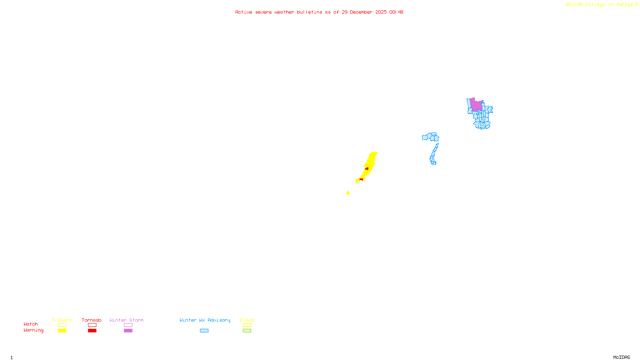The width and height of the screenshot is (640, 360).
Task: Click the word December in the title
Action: [361, 12]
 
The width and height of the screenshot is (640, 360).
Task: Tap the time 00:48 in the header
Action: [396, 12]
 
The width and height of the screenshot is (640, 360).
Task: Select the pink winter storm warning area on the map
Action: [476, 105]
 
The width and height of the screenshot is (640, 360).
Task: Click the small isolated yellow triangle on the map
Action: [348, 193]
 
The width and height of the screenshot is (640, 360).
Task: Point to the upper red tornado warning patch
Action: [367, 169]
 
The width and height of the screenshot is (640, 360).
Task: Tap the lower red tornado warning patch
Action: [361, 179]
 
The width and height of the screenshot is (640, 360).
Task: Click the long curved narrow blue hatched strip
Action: [434, 154]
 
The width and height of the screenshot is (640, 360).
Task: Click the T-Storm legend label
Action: [62, 320]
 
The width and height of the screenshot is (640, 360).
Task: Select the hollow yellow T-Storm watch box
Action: [62, 325]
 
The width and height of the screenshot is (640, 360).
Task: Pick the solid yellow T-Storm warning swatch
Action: [62, 331]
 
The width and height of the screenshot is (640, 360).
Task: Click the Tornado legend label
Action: [92, 320]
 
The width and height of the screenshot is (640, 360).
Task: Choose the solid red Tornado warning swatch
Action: [92, 331]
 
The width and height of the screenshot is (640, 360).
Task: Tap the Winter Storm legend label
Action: [126, 320]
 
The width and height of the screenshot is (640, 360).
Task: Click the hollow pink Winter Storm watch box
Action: [128, 325]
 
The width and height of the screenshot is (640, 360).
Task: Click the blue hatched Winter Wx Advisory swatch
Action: [204, 331]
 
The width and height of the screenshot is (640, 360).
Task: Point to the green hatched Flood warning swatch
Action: [247, 331]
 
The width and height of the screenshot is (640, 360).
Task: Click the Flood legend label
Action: [247, 320]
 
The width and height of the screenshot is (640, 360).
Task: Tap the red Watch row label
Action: [31, 324]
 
